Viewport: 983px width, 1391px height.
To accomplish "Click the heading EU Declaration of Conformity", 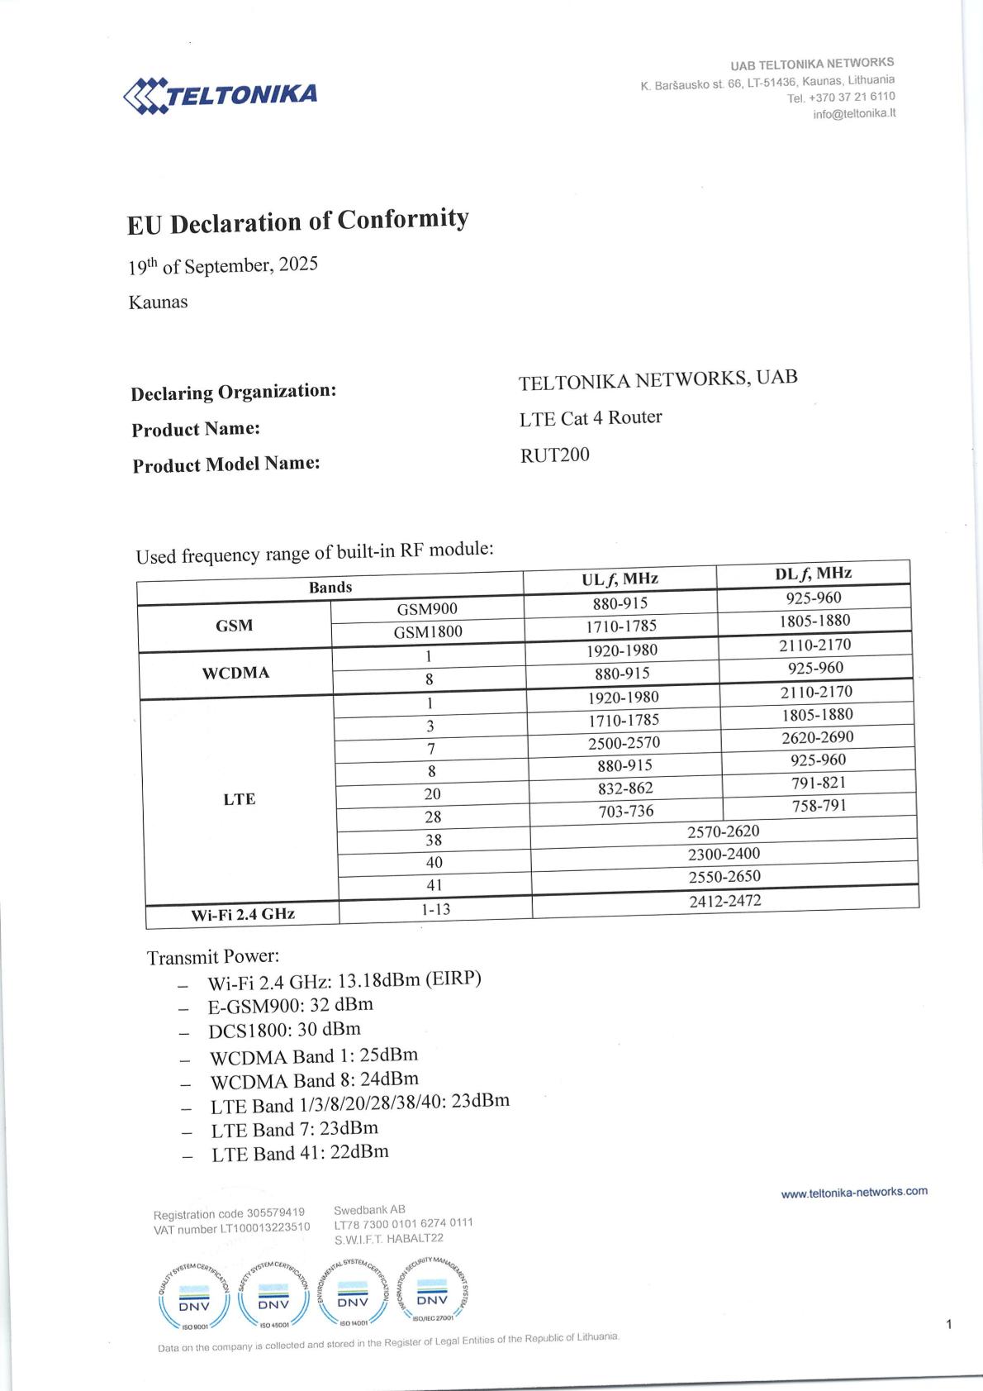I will [x=297, y=222].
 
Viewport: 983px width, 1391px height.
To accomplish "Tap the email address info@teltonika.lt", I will [x=854, y=114].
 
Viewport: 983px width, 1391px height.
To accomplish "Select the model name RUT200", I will [x=554, y=455].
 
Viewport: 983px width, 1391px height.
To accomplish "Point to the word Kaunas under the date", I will [x=158, y=302].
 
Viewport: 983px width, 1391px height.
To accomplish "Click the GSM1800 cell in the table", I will [x=427, y=632].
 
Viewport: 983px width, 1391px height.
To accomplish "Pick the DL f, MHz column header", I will [x=813, y=573].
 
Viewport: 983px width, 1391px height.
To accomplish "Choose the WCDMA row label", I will [x=235, y=673].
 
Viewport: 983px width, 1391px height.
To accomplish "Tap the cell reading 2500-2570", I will [x=624, y=742].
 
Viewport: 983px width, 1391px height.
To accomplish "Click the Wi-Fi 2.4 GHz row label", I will [x=243, y=914].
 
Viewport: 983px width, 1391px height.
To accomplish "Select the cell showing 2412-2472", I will [x=724, y=901].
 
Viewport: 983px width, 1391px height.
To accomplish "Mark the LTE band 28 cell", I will [x=433, y=817].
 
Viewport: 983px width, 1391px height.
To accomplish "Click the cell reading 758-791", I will [x=819, y=805].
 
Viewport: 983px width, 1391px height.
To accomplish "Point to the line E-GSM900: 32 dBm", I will [x=290, y=1005].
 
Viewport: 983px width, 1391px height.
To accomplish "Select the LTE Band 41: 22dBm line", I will [x=300, y=1153].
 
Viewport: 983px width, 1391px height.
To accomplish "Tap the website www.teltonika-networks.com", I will [x=854, y=1192].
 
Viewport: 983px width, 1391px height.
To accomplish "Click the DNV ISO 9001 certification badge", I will [x=195, y=1295].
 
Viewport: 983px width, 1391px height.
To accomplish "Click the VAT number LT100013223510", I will [x=232, y=1228].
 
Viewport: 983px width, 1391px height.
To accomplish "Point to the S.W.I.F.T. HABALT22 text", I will [x=389, y=1238].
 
